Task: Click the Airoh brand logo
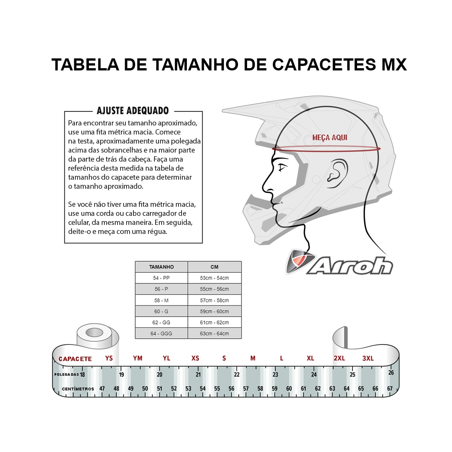pos(339,262)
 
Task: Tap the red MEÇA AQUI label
pos(330,137)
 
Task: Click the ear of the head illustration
pos(337,173)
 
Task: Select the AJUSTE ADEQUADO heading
pos(133,111)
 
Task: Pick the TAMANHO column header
pos(161,267)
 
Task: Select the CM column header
pos(214,267)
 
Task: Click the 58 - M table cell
pos(161,301)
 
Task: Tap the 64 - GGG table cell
pos(161,334)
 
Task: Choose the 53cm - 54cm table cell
pos(214,278)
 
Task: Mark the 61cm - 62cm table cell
pos(214,322)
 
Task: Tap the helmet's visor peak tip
pos(222,109)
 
